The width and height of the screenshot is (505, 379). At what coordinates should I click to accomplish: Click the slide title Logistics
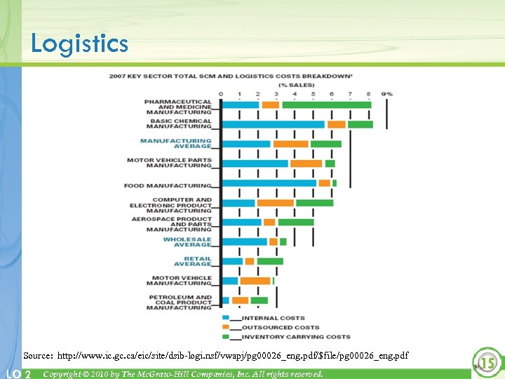pyautogui.click(x=79, y=44)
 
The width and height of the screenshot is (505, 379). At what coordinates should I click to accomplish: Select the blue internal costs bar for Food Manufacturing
pyautogui.click(x=269, y=183)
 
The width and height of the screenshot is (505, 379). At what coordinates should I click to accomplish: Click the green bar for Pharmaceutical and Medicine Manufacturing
pyautogui.click(x=326, y=105)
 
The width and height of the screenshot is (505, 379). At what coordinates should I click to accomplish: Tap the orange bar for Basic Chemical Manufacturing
pyautogui.click(x=337, y=124)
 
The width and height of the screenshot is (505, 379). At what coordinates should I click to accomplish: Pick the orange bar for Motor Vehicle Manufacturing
pyautogui.click(x=255, y=281)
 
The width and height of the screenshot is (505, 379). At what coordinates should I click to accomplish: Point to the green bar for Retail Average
pyautogui.click(x=270, y=261)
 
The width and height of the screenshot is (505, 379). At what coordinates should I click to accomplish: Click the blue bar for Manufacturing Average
pyautogui.click(x=246, y=144)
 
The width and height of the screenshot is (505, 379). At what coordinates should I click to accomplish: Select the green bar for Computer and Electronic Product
pyautogui.click(x=314, y=203)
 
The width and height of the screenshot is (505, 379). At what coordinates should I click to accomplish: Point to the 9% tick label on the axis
pyautogui.click(x=387, y=93)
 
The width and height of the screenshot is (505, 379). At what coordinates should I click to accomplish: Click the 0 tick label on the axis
pyautogui.click(x=221, y=93)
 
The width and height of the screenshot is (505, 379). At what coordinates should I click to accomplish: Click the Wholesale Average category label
pyautogui.click(x=187, y=241)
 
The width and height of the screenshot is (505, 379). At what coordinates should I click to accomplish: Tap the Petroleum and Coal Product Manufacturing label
pyautogui.click(x=180, y=302)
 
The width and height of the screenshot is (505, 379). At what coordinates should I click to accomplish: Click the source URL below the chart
pyautogui.click(x=215, y=356)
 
